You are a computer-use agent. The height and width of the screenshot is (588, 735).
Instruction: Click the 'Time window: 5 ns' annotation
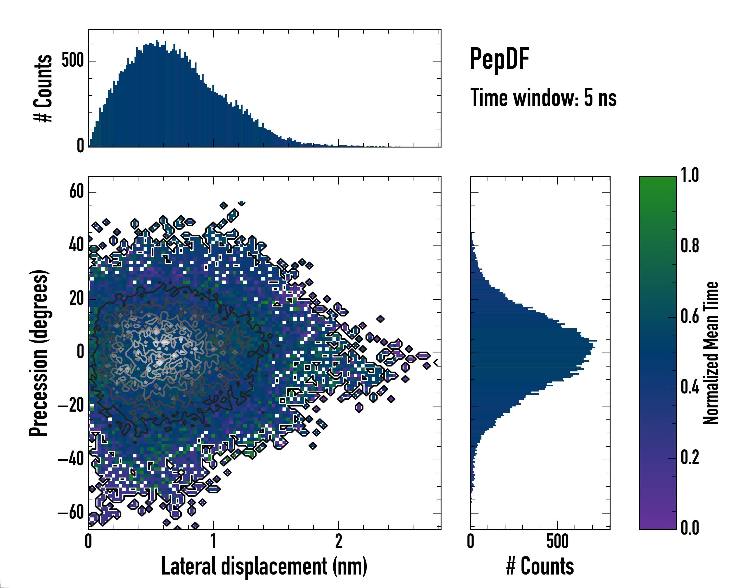coord(543,98)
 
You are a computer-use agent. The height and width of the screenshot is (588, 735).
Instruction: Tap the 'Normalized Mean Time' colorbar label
coord(711,353)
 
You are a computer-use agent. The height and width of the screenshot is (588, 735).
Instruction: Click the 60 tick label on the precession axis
coord(76,192)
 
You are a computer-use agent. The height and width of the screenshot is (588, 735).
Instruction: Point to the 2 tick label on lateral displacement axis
coord(339,541)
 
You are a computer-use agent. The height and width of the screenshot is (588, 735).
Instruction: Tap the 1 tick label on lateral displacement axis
coord(213,541)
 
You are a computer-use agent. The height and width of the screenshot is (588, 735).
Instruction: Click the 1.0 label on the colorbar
coord(690,175)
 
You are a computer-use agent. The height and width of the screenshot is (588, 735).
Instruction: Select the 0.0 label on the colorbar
coord(690,528)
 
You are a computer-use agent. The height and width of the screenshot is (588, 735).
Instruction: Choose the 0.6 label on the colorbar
coord(690,316)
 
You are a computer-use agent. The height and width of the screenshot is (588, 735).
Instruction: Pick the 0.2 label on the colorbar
coord(690,457)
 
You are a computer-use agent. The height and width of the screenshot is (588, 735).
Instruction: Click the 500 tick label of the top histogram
coord(73,61)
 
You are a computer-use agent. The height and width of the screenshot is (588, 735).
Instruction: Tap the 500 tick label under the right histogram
coord(557,541)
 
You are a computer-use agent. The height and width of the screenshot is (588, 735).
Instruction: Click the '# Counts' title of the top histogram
coord(43,88)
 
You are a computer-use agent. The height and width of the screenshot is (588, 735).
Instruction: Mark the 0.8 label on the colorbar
coord(690,246)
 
